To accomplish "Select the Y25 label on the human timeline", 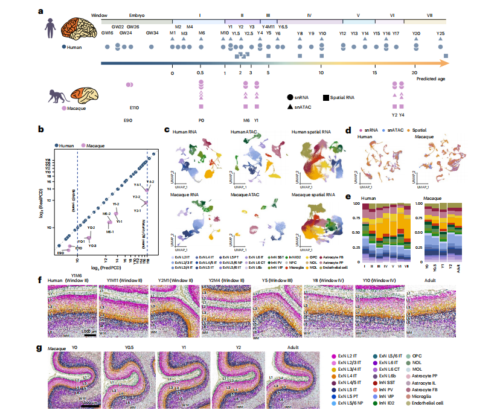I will [x=441, y=33].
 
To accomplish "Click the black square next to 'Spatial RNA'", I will [x=325, y=97].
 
